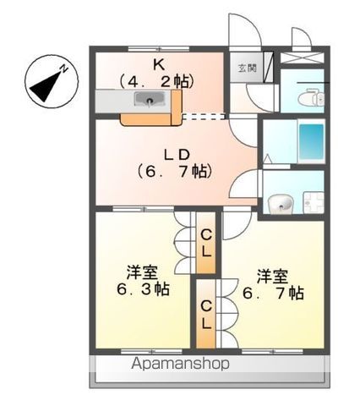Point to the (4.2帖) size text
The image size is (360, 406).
pos(158,81)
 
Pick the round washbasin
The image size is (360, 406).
pos(281,203)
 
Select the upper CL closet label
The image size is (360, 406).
pos(206,242)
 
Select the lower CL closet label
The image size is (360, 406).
pos(206,313)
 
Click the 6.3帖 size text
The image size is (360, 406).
pos(140,289)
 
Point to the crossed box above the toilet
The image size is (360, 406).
pos(303,58)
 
